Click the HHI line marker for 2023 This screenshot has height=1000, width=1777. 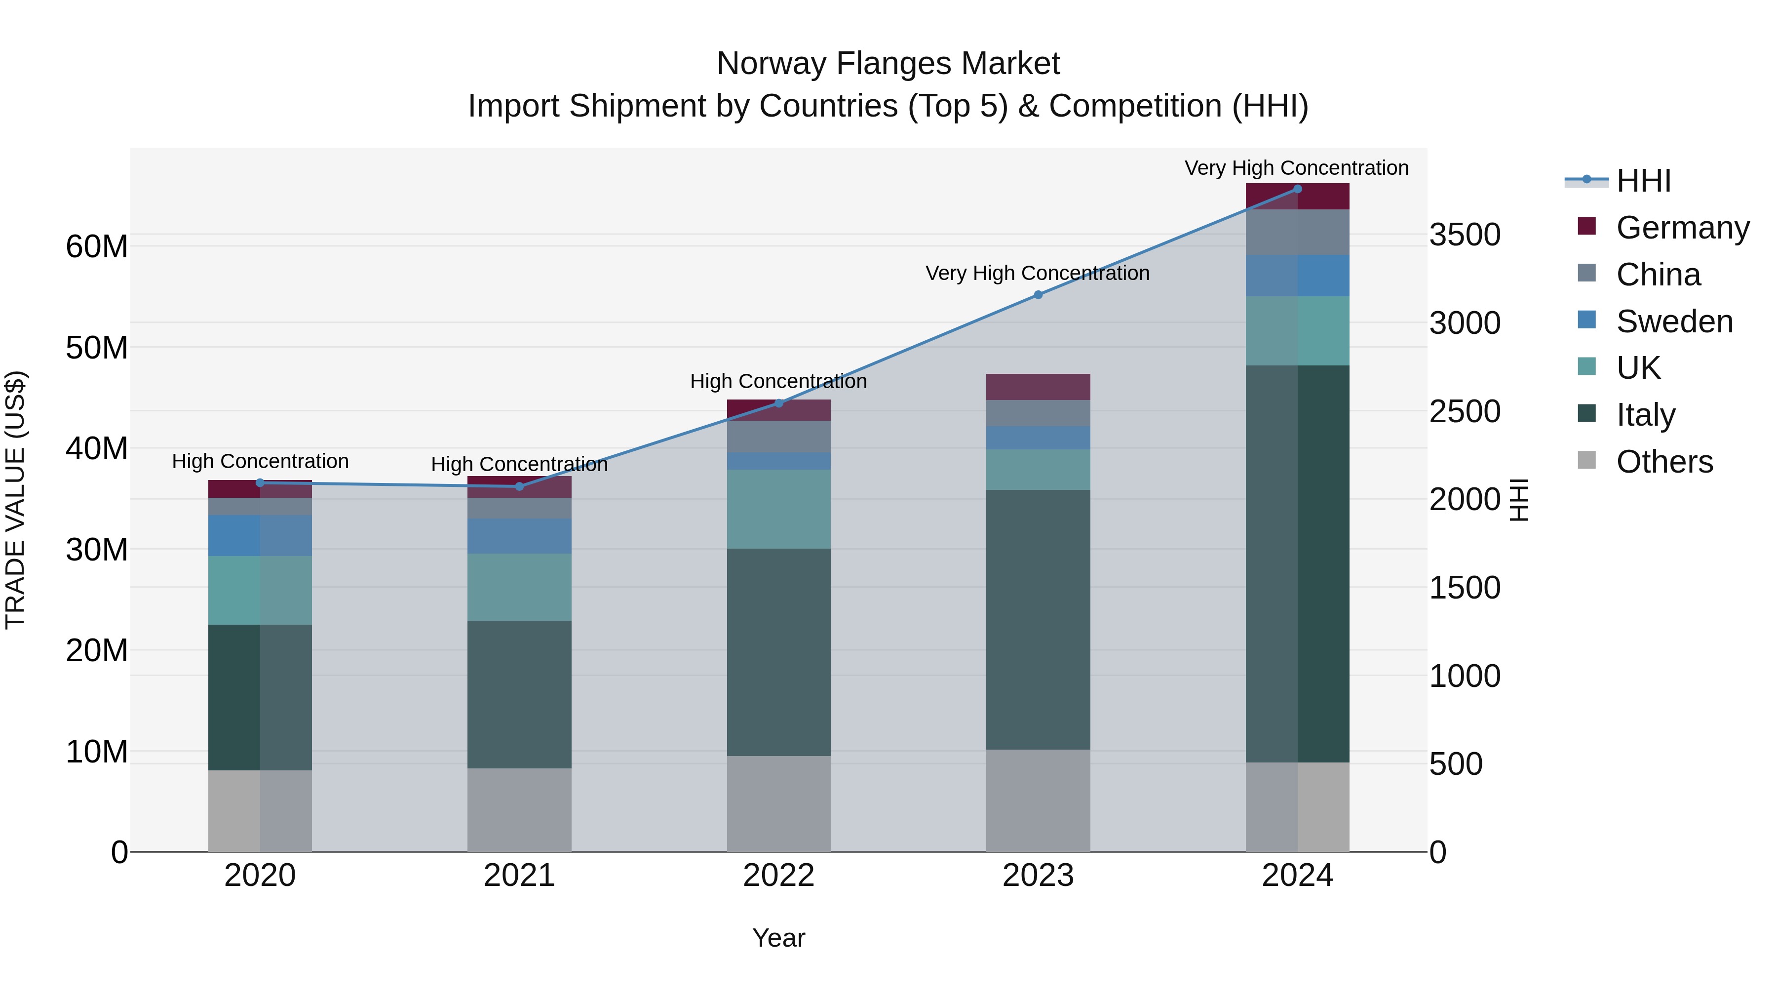click(x=1038, y=295)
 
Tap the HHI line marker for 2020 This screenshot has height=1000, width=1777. click(x=260, y=483)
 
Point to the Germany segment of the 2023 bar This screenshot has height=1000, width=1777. click(x=1038, y=387)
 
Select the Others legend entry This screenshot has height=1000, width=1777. click(x=1664, y=462)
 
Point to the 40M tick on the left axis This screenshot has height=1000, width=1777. click(x=97, y=448)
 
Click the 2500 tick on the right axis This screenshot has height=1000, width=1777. click(x=1464, y=411)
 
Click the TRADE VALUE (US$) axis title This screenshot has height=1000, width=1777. click(x=16, y=500)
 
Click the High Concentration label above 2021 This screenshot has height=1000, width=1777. click(x=519, y=465)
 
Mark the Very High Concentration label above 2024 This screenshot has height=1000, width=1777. click(x=1296, y=168)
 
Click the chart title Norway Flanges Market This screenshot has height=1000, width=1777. click(x=888, y=64)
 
